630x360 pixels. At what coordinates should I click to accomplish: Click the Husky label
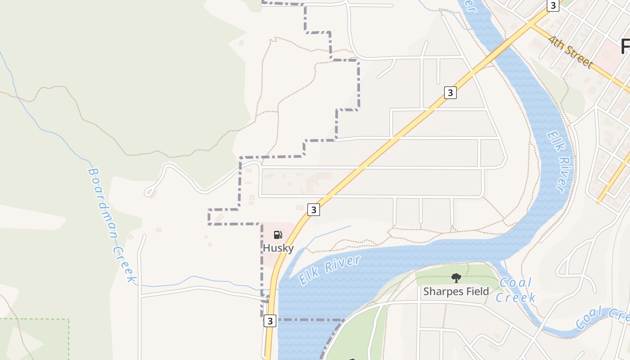pyautogui.click(x=278, y=248)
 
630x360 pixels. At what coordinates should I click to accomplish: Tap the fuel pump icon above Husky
pyautogui.click(x=278, y=234)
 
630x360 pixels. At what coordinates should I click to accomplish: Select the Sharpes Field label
pyautogui.click(x=456, y=292)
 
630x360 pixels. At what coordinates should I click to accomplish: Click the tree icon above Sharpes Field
pyautogui.click(x=456, y=278)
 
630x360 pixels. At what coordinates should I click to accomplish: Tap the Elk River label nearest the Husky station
pyautogui.click(x=330, y=270)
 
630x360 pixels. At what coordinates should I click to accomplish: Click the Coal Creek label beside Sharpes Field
pyautogui.click(x=516, y=290)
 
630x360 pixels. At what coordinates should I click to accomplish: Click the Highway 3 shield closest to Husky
pyautogui.click(x=314, y=210)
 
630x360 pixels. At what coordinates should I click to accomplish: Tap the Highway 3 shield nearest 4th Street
pyautogui.click(x=553, y=5)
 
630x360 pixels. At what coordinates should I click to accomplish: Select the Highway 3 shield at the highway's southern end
pyautogui.click(x=270, y=321)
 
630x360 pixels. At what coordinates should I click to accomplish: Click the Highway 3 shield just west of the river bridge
pyautogui.click(x=450, y=93)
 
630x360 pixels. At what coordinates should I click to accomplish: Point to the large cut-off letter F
pyautogui.click(x=625, y=46)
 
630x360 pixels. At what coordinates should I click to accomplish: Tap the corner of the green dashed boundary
pyautogui.click(x=69, y=319)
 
